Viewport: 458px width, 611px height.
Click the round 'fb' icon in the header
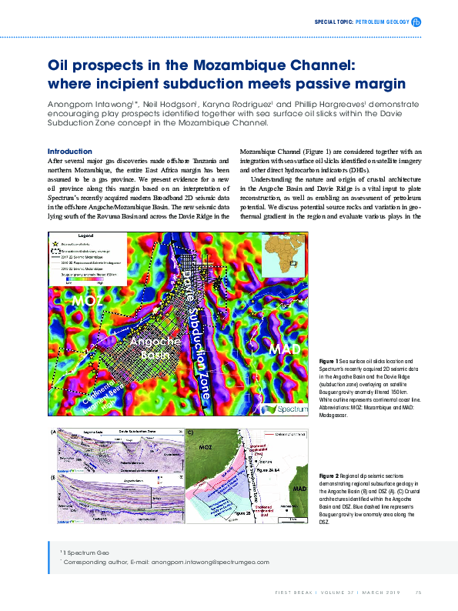click(416, 22)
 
